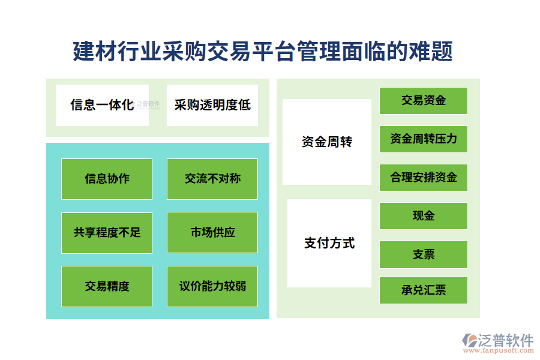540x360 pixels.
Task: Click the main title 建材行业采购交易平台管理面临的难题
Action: pyautogui.click(x=263, y=52)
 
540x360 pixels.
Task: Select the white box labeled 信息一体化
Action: pyautogui.click(x=102, y=105)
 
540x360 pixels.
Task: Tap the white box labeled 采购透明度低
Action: pyautogui.click(x=212, y=105)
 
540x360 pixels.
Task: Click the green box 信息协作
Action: pyautogui.click(x=107, y=179)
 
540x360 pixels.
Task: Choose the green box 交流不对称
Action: pyautogui.click(x=212, y=179)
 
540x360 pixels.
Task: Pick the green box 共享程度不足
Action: pyautogui.click(x=107, y=232)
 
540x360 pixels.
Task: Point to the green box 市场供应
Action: pyautogui.click(x=212, y=232)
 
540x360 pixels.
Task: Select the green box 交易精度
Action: pyautogui.click(x=107, y=286)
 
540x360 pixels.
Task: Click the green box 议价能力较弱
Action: pyautogui.click(x=212, y=286)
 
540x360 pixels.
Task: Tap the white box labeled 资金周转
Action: pyautogui.click(x=327, y=142)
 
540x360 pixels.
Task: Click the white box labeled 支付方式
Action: pyautogui.click(x=329, y=243)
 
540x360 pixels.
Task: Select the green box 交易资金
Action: pyautogui.click(x=424, y=101)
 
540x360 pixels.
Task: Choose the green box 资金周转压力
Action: pyautogui.click(x=424, y=139)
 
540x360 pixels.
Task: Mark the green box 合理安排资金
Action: pyautogui.click(x=424, y=178)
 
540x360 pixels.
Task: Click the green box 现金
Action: pyautogui.click(x=424, y=216)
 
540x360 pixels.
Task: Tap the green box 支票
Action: pyautogui.click(x=424, y=254)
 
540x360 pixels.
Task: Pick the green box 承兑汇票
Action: pyautogui.click(x=424, y=291)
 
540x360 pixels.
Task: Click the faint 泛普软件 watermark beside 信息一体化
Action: pyautogui.click(x=148, y=104)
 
